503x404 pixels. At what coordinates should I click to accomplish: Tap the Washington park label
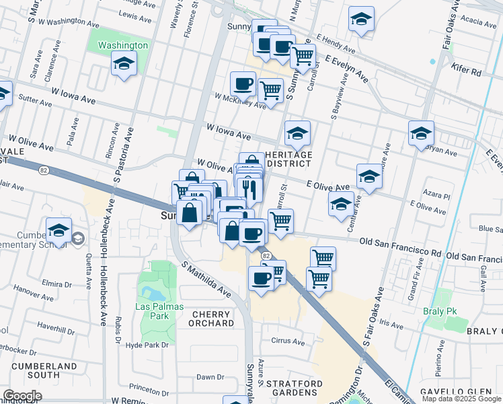pyautogui.click(x=122, y=45)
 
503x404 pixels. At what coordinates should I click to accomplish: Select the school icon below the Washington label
pyautogui.click(x=124, y=65)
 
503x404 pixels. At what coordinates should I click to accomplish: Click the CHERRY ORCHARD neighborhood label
pyautogui.click(x=212, y=318)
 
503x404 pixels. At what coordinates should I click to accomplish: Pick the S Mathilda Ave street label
pyautogui.click(x=205, y=281)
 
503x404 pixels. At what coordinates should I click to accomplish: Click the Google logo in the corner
pyautogui.click(x=22, y=396)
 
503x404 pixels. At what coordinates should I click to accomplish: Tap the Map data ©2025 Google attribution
pyautogui.click(x=462, y=399)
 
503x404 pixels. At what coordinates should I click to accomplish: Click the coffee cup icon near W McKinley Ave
pyautogui.click(x=243, y=84)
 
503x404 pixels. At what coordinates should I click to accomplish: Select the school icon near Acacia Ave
pyautogui.click(x=361, y=19)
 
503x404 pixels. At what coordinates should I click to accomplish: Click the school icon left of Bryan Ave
pyautogui.click(x=421, y=133)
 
